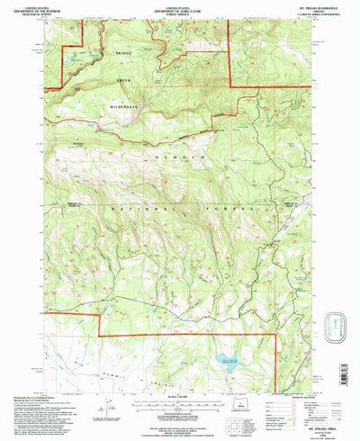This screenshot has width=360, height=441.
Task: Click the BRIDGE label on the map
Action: tap(123, 54)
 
